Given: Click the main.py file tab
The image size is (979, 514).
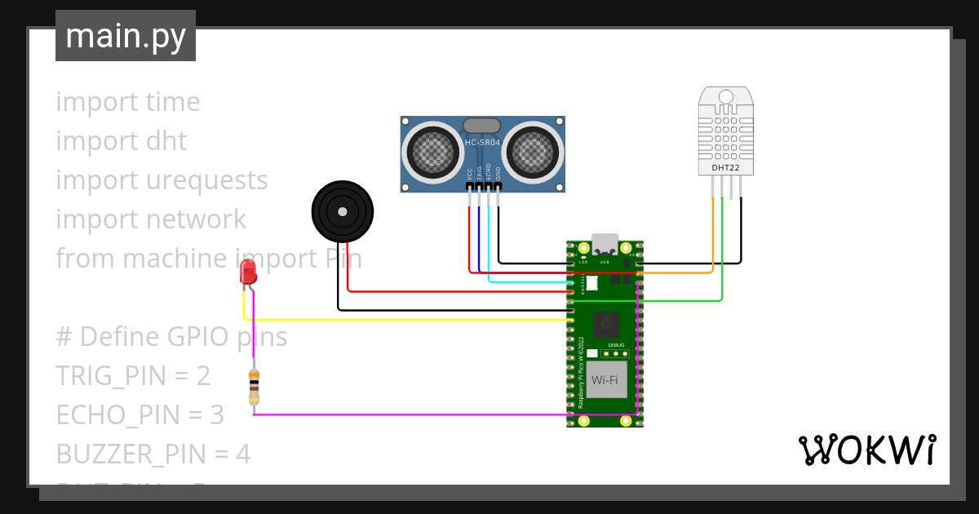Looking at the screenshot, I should point(126,36).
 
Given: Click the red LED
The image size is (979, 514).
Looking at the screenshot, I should point(249,273).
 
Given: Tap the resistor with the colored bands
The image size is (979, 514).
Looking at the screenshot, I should point(254,386).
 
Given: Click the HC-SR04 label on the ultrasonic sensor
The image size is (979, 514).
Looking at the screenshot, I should point(481,144).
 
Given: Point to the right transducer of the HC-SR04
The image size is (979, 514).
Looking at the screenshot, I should point(533,151).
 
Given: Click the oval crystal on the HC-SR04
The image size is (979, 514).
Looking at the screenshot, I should point(481,126).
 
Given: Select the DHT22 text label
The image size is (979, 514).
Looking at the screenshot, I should point(725,168).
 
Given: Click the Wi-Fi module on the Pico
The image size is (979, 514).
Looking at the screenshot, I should point(605,380).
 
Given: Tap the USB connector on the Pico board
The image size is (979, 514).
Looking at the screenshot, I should point(605,244).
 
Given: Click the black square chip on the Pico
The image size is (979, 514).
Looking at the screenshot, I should point(605,325).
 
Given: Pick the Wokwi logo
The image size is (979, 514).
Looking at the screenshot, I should point(866,450).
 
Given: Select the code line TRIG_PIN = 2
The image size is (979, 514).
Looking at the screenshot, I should point(133,376).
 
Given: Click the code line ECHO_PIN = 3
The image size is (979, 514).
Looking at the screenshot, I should point(140,415).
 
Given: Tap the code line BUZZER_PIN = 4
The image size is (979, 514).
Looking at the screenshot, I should point(153,454).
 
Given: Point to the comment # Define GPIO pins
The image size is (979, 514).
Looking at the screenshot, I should point(171,337).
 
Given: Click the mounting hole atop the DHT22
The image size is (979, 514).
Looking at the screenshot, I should point(725,97).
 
